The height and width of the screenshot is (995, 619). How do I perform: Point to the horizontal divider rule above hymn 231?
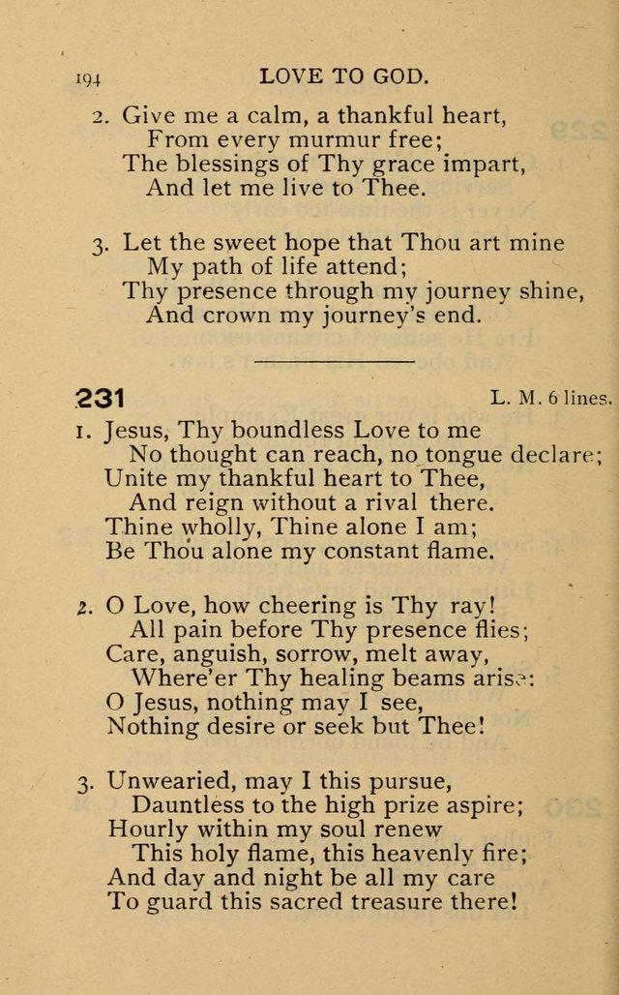tap(334, 360)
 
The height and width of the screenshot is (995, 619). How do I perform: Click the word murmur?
tap(335, 139)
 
